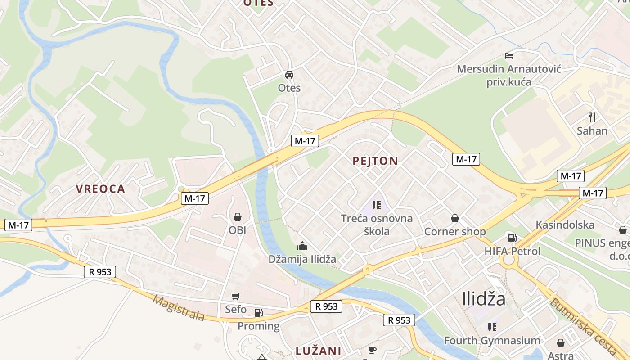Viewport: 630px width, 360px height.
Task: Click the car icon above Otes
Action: click(x=289, y=74)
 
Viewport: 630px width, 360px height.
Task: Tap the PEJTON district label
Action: click(x=375, y=161)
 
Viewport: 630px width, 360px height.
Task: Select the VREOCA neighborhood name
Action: click(x=100, y=189)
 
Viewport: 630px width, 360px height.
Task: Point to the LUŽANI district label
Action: click(x=319, y=351)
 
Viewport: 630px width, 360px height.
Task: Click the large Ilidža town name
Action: click(x=484, y=298)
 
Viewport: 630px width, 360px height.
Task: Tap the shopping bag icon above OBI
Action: click(x=238, y=217)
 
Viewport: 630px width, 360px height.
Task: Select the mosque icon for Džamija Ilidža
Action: click(x=302, y=246)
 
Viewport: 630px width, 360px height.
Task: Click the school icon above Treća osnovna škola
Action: click(x=377, y=205)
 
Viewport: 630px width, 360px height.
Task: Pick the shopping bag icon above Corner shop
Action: click(x=455, y=219)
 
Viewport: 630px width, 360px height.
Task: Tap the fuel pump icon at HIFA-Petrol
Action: click(x=512, y=238)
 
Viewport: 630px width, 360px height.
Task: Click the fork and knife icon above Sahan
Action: click(x=592, y=117)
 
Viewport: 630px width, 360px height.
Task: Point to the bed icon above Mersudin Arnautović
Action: click(x=509, y=56)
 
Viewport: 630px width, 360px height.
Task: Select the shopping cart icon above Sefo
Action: click(x=235, y=296)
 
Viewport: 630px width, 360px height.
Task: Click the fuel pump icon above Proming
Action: click(x=258, y=312)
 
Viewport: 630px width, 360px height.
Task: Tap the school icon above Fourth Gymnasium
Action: click(x=492, y=327)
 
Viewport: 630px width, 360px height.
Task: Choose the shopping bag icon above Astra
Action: click(x=561, y=343)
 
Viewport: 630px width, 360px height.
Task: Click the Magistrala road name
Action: click(x=178, y=308)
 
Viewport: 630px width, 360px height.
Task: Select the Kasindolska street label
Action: click(x=565, y=225)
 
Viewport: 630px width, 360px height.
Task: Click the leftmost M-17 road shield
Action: click(x=18, y=225)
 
